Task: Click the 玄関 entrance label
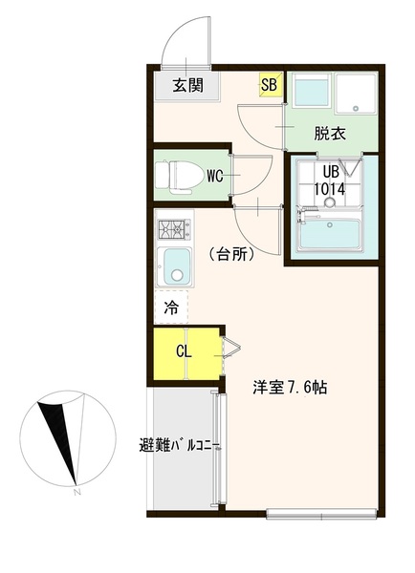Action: point(187,86)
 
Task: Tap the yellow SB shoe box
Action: point(271,85)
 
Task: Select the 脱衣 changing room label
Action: point(330,134)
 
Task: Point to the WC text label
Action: point(215,177)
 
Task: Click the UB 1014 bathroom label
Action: point(330,180)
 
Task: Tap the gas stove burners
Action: point(174,229)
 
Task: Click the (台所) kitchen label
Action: point(232,254)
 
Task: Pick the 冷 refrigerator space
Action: point(171,308)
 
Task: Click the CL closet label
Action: point(184,351)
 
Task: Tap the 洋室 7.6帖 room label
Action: point(290,388)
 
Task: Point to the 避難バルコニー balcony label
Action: point(179,446)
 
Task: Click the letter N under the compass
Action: point(76,492)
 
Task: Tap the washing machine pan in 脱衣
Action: point(356,94)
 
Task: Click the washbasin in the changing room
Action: point(312,90)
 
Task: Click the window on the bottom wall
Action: point(321,514)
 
